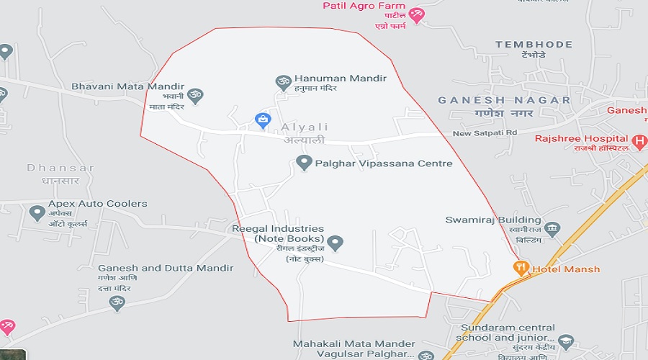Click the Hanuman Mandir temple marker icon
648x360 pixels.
[x=282, y=81]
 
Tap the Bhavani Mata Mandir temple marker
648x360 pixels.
[x=194, y=94]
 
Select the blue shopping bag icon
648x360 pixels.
[x=263, y=120]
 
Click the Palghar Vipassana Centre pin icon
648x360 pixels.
[x=304, y=163]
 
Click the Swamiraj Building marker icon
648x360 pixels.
[x=552, y=230]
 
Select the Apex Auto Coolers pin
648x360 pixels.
[x=37, y=213]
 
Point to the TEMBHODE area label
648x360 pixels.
[x=534, y=45]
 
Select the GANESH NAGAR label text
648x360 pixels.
[x=504, y=101]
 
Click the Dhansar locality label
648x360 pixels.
[x=60, y=168]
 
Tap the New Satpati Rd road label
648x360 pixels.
[x=485, y=133]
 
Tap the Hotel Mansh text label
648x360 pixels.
[x=566, y=269]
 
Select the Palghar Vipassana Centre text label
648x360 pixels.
[x=384, y=163]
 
